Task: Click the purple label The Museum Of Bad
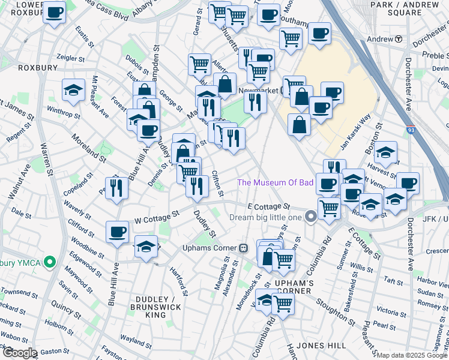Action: coord(276,182)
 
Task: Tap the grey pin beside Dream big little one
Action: coord(310,217)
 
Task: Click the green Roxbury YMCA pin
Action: coord(51,262)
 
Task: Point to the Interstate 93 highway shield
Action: coord(411,130)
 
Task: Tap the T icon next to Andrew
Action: coord(398,39)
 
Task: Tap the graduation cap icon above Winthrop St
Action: coord(73,90)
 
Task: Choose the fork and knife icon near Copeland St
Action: coord(116,187)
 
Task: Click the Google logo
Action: coord(19,353)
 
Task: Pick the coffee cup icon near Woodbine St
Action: coord(117,232)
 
